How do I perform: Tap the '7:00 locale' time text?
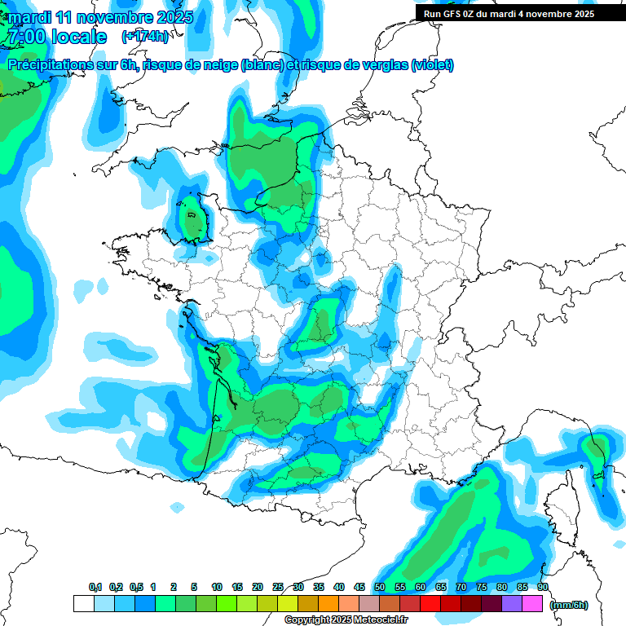click(x=56, y=37)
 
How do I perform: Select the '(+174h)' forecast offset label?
click(x=144, y=37)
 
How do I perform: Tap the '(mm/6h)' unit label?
click(x=569, y=604)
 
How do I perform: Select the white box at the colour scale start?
click(x=83, y=604)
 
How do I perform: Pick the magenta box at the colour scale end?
click(x=532, y=604)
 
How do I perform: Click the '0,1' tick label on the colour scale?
click(x=95, y=587)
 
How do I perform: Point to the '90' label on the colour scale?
click(x=542, y=587)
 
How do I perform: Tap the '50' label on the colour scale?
click(x=380, y=587)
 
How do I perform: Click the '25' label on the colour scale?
click(x=278, y=587)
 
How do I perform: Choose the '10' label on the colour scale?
click(x=217, y=587)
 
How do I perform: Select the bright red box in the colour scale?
click(x=430, y=604)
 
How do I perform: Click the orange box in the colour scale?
click(x=328, y=604)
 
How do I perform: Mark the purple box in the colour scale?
click(x=512, y=604)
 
